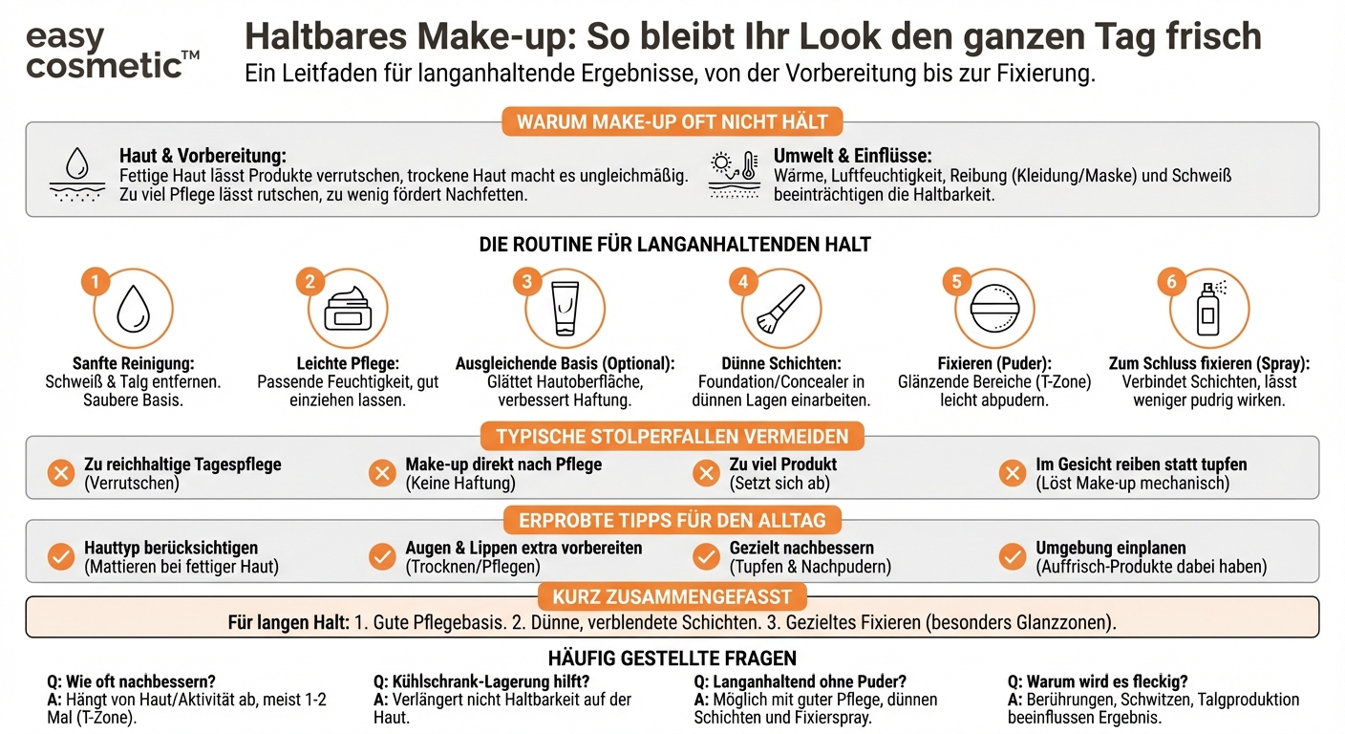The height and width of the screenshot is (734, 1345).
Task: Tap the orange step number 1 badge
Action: pos(94,281)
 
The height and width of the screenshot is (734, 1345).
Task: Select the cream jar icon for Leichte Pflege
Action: pos(348,310)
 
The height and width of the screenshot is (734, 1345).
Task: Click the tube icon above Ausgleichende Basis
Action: pos(565,310)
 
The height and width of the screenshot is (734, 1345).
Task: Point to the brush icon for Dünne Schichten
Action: pos(779,310)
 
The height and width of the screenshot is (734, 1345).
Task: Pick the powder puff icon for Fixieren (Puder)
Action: pos(994,310)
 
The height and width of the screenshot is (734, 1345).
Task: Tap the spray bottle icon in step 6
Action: pos(1210,308)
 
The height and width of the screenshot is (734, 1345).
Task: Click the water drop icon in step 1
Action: pos(132,310)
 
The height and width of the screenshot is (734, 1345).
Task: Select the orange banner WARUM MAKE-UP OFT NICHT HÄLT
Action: pos(672,122)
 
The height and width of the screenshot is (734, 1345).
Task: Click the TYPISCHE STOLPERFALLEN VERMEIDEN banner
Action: pos(672,437)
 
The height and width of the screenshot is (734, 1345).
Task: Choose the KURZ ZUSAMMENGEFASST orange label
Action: pos(672,597)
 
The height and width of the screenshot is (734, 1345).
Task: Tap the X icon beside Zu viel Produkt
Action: pos(706,473)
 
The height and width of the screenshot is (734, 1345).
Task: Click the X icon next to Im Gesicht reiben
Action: pos(1012,473)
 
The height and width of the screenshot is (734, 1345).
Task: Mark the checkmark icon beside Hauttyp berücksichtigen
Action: pos(61,556)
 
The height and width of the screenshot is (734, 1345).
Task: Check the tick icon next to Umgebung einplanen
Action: pos(1012,556)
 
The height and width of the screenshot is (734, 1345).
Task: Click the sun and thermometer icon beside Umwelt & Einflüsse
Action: pos(734,173)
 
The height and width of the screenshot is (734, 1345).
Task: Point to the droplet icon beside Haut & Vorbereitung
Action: pos(76,173)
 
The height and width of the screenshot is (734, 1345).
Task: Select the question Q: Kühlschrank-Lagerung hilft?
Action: pos(480,681)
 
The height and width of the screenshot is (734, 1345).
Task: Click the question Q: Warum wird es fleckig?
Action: pos(1098,681)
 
